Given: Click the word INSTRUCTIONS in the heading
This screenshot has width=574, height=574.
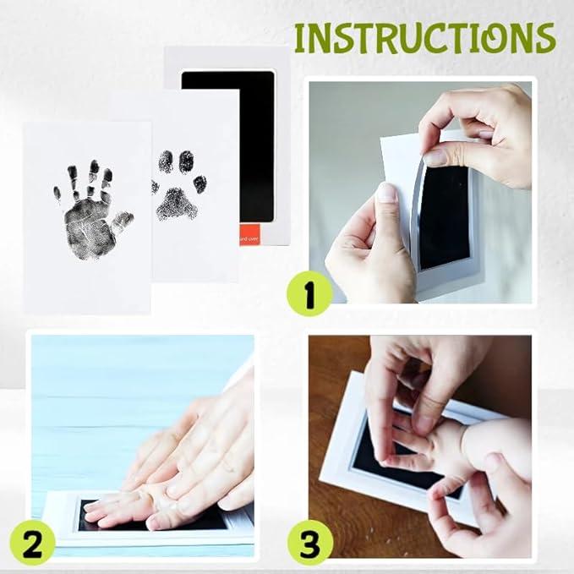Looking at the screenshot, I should click(424, 38).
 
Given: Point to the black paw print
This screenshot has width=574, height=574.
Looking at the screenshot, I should click(178, 189).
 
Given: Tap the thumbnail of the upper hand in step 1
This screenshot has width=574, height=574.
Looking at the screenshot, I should click(436, 157).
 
